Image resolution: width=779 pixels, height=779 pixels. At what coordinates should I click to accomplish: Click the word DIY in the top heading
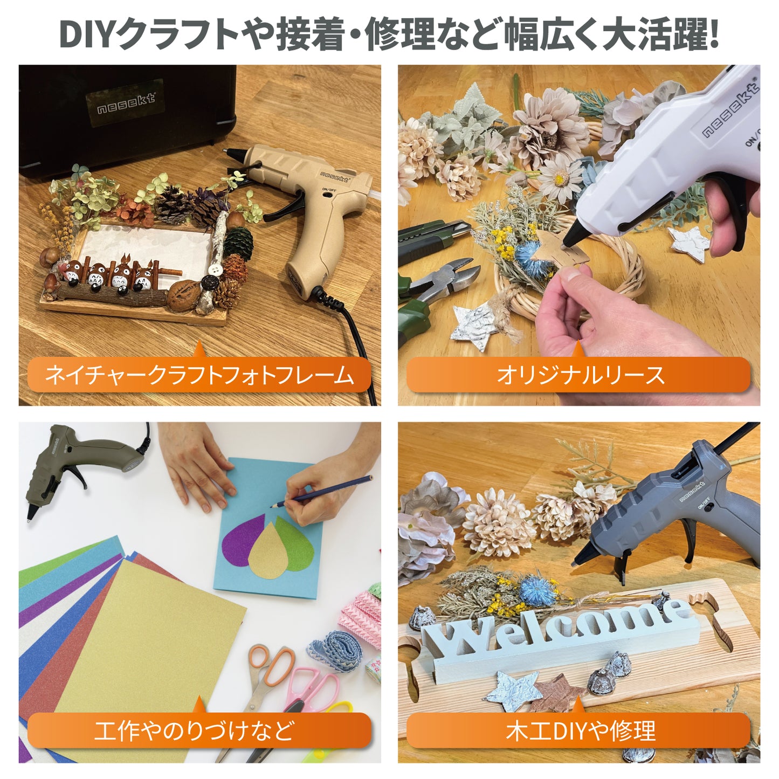coord(86,35)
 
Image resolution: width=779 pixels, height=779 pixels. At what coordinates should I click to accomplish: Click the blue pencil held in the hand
coord(323,491)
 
